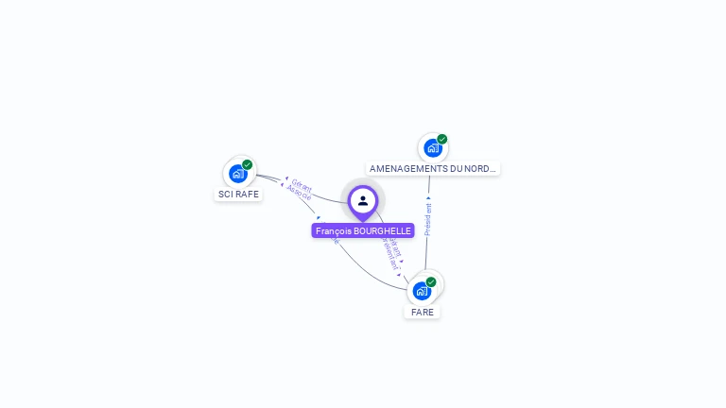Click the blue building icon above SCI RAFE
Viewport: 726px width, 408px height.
[237, 174]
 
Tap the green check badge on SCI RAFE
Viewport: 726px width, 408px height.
[248, 164]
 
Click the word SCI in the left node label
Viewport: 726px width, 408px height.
[226, 195]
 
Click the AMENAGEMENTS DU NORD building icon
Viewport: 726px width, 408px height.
[432, 148]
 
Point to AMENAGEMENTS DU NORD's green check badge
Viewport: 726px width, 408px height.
[442, 139]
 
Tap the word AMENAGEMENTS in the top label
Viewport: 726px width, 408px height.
[406, 169]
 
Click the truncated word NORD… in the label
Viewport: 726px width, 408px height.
[481, 169]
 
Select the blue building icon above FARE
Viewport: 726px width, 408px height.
[422, 291]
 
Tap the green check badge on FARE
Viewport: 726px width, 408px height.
[431, 281]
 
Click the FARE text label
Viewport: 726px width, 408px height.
[423, 312]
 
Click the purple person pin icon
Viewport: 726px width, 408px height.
[363, 201]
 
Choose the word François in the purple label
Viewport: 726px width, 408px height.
[333, 230]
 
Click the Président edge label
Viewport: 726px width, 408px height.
[428, 219]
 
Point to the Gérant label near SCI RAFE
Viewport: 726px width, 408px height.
[302, 185]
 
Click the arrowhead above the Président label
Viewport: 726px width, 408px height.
[428, 198]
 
